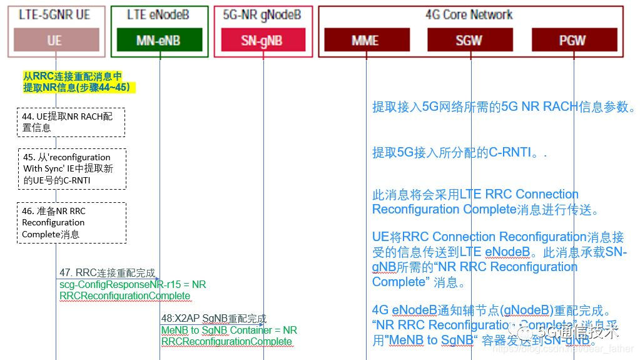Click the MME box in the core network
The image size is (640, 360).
[x=365, y=40]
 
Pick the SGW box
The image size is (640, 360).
[x=468, y=40]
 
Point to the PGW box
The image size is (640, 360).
[x=572, y=40]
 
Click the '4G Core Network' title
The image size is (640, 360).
[x=469, y=14]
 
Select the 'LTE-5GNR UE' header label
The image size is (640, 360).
[x=54, y=14]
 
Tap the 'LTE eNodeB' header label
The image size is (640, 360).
[x=159, y=14]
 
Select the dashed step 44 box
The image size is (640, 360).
[x=71, y=121]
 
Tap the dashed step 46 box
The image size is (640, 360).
[x=71, y=223]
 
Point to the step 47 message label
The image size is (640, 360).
[x=107, y=273]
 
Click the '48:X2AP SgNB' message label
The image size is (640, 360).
[x=214, y=319]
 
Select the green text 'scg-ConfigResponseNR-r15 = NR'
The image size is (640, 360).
[x=133, y=284]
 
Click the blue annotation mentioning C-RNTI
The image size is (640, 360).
[x=459, y=153]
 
